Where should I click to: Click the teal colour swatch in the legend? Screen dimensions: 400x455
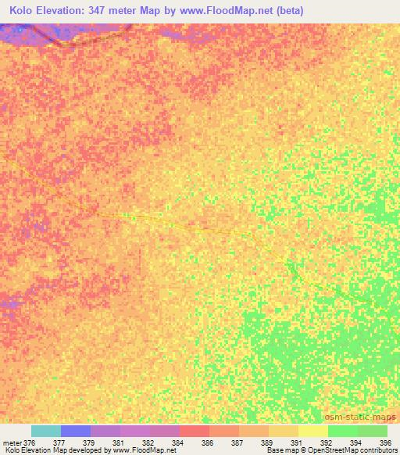click(x=46, y=431)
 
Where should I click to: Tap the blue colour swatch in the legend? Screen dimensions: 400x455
click(x=76, y=431)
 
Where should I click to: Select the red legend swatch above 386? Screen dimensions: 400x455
click(x=195, y=431)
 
